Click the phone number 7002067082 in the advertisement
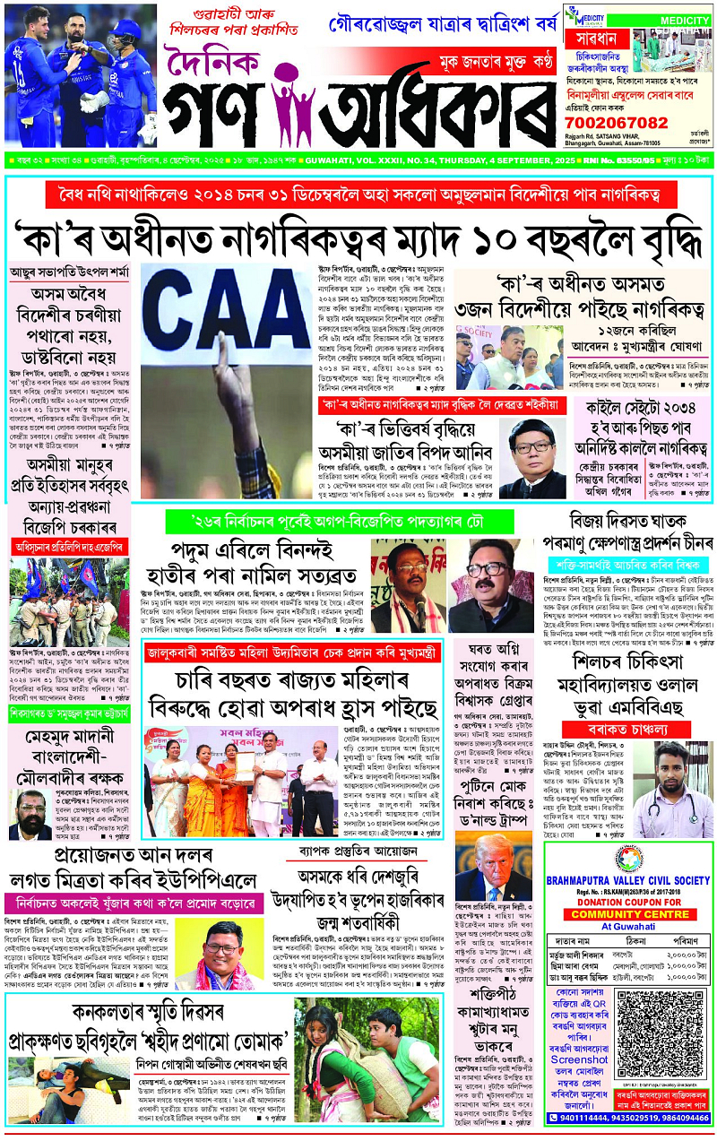[x=618, y=122]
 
